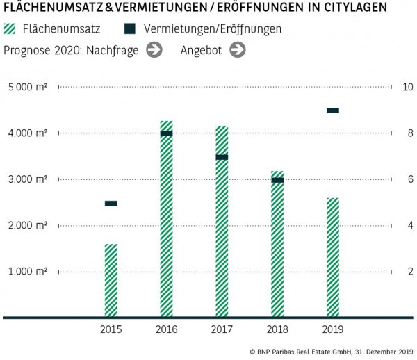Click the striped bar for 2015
111,280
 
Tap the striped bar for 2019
333,257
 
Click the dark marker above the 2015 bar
111,204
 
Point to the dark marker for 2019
333,111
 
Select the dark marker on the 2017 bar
222,157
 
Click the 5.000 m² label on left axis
28,88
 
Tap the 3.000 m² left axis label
28,179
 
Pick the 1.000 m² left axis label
28,271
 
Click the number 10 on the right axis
408,88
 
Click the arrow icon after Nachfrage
155,50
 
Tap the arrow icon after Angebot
238,50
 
